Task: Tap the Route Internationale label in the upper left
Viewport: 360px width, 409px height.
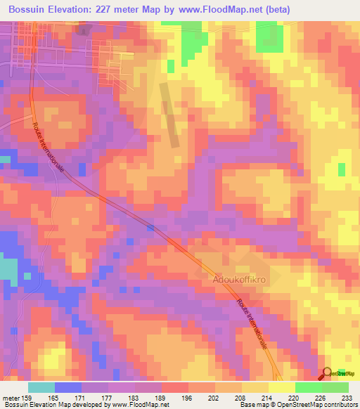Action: click(53, 151)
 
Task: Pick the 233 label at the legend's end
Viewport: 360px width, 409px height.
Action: click(347, 397)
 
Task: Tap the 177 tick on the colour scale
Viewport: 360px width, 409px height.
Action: click(107, 397)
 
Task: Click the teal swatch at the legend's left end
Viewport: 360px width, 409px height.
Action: click(41, 387)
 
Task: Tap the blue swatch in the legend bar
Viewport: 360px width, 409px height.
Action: click(67, 387)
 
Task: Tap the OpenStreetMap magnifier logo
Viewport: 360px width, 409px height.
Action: click(328, 373)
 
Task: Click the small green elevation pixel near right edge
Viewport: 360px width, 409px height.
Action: click(342, 169)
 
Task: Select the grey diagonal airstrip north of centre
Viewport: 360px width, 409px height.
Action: click(169, 115)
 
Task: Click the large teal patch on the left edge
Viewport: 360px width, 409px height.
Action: click(8, 272)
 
